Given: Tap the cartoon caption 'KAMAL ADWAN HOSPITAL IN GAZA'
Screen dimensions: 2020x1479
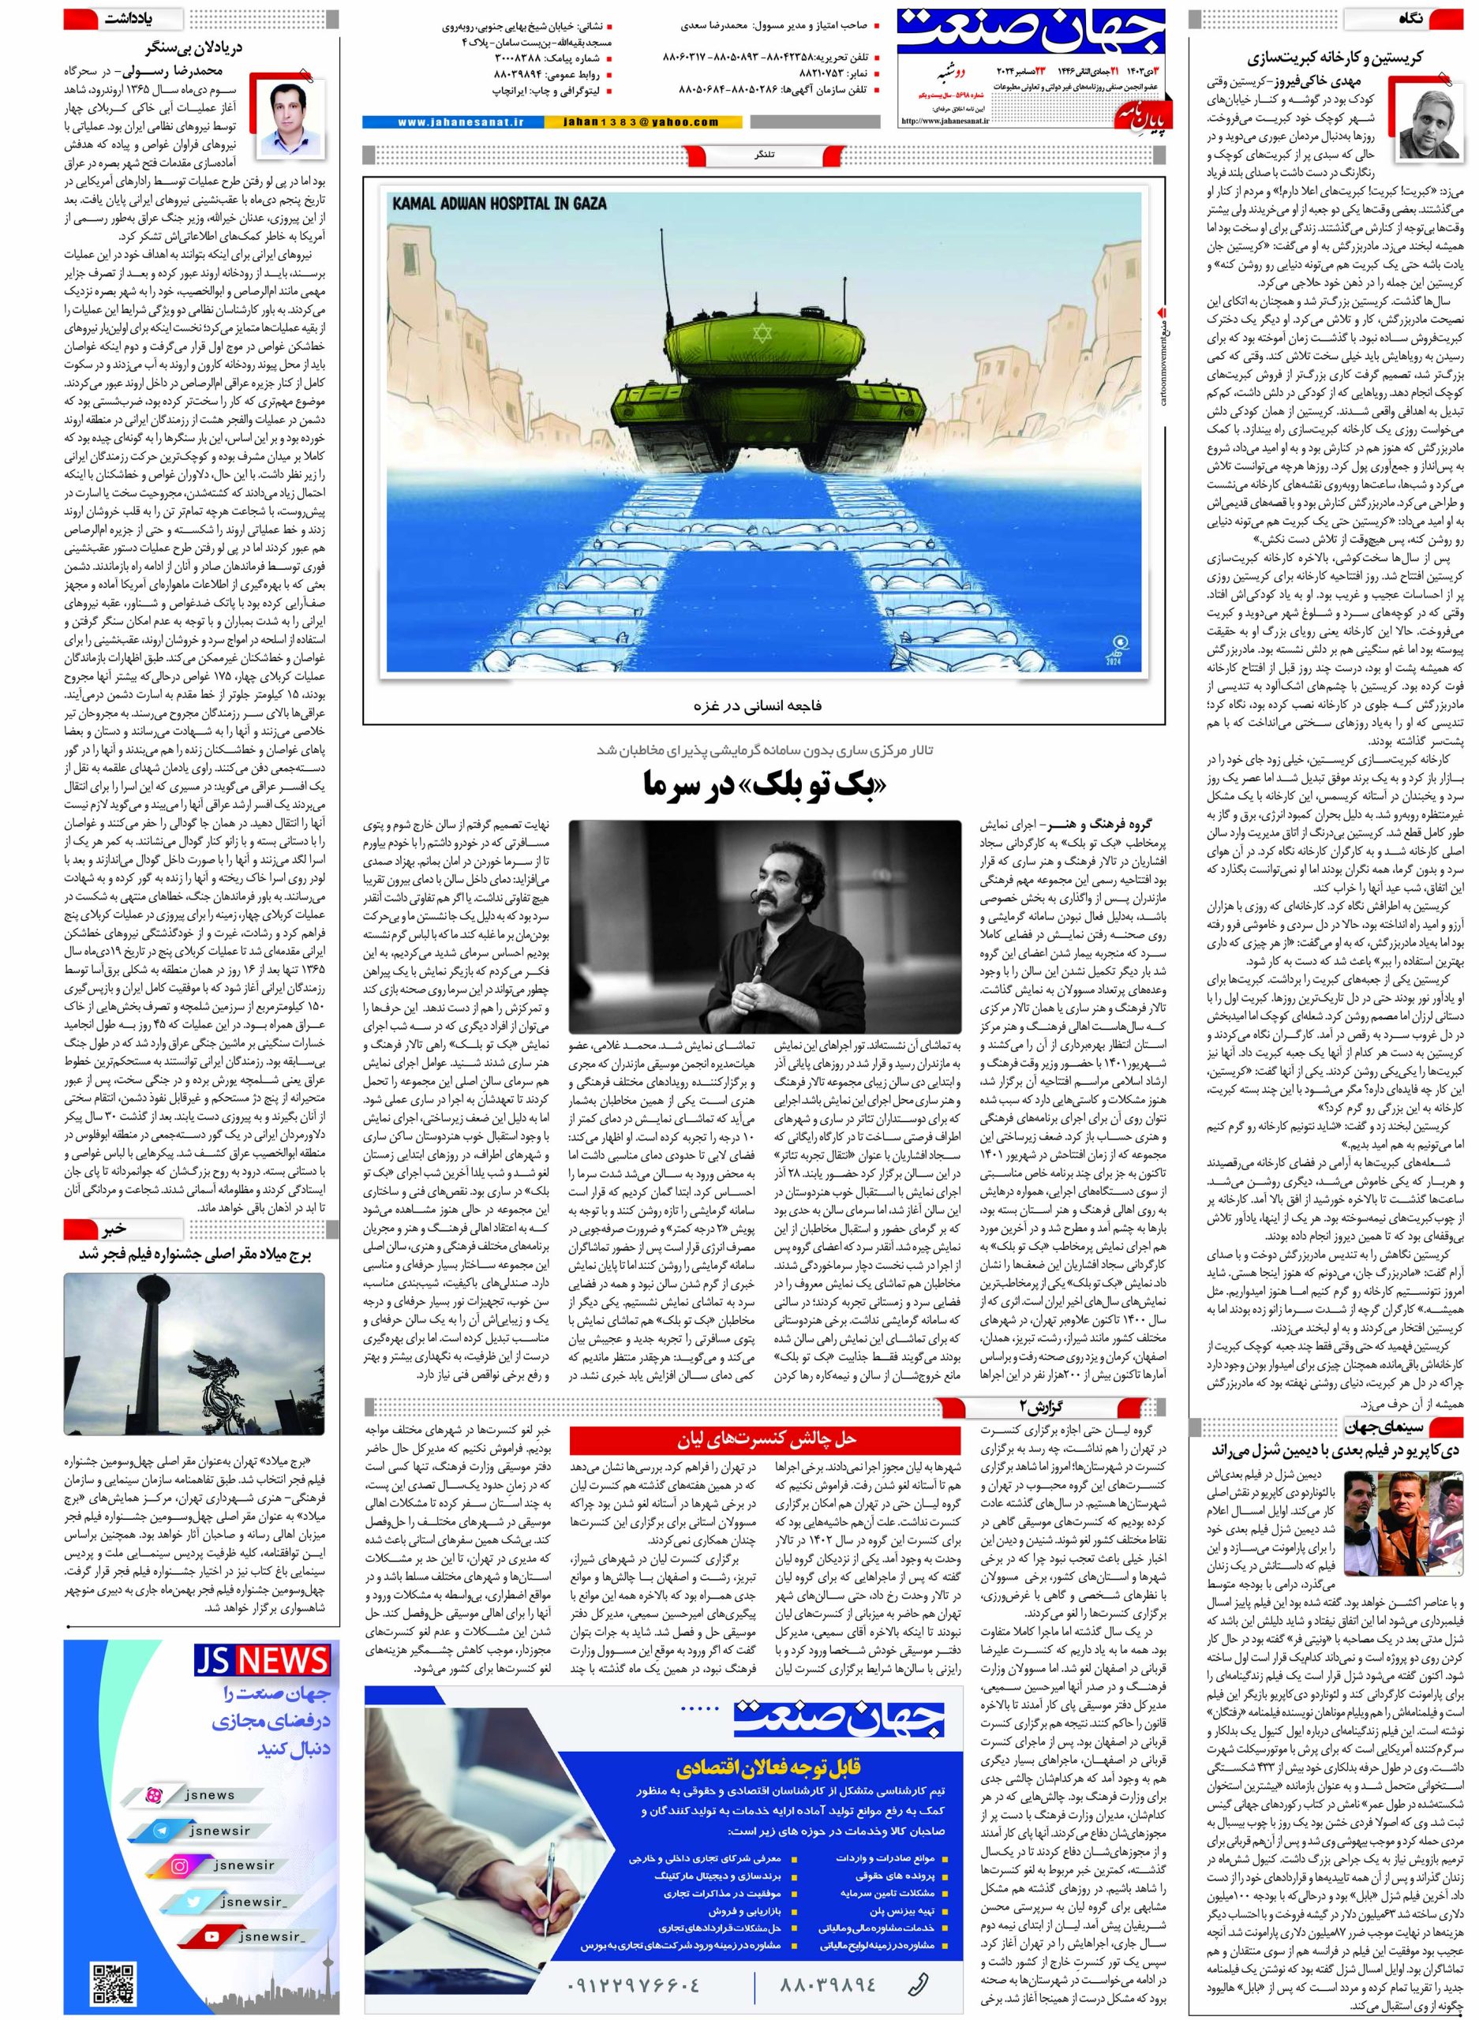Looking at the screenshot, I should tap(499, 203).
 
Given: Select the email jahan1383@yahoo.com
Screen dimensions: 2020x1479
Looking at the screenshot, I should tap(642, 122).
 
